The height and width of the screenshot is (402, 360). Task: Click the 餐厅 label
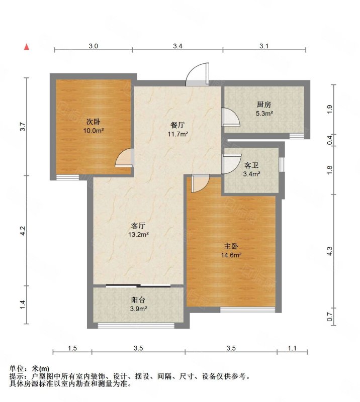(x=178, y=125)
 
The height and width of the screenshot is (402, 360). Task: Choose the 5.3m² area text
(x=263, y=114)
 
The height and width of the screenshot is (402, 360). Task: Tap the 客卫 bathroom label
(x=251, y=165)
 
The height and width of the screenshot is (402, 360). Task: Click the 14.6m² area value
(x=231, y=255)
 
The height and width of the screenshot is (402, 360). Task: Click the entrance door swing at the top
(x=197, y=75)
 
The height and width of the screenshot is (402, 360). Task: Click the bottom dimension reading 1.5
(x=72, y=348)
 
